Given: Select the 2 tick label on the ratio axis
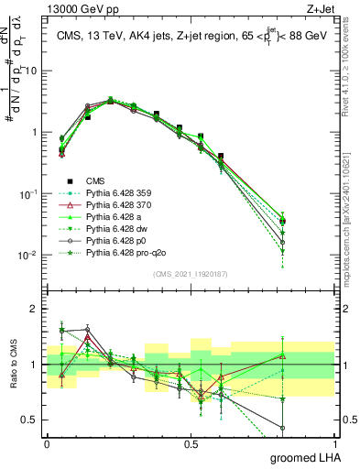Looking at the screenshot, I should click(x=36, y=309).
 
